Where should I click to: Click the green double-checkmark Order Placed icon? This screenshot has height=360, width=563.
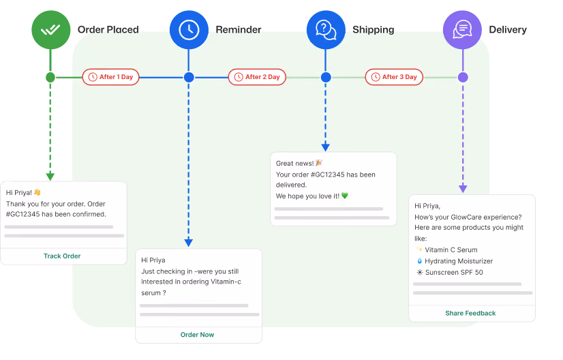click(x=50, y=30)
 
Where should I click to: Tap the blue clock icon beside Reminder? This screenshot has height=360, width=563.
click(x=189, y=30)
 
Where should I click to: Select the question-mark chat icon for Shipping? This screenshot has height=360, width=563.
click(x=326, y=30)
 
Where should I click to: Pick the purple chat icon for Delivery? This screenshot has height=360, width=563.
click(x=462, y=30)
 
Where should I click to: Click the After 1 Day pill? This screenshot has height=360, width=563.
click(x=110, y=77)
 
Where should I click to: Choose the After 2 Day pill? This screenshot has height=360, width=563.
click(x=257, y=77)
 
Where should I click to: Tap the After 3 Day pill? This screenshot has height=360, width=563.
click(x=394, y=77)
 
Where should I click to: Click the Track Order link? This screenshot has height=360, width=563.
click(x=62, y=256)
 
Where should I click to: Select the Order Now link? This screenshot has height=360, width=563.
click(x=197, y=335)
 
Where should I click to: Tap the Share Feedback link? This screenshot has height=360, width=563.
click(x=470, y=313)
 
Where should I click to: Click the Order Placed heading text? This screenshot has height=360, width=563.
click(x=108, y=29)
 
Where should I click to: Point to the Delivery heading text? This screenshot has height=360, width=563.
click(x=508, y=29)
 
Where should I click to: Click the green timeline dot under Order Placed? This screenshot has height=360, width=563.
click(x=50, y=77)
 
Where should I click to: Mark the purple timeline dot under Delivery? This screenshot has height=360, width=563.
click(x=463, y=77)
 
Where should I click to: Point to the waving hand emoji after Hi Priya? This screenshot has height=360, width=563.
click(x=37, y=192)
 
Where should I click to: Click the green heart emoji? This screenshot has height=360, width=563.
click(x=345, y=196)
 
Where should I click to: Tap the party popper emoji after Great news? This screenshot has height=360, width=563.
click(x=319, y=163)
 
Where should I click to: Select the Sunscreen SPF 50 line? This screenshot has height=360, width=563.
click(x=450, y=272)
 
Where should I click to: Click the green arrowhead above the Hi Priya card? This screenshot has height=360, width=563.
click(x=50, y=177)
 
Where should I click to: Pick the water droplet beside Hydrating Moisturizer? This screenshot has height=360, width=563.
click(x=419, y=261)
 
